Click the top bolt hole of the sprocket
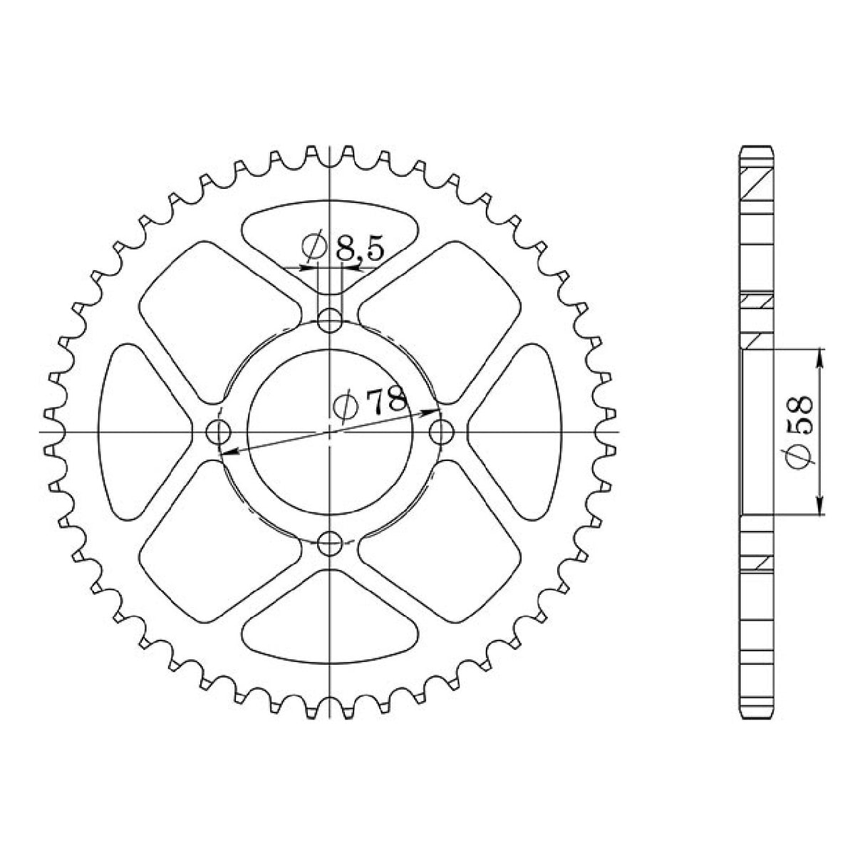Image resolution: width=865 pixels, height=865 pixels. coord(329,321)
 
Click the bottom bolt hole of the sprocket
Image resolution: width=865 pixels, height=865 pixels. coord(329,545)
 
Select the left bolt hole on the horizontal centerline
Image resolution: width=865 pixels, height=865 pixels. coord(217,432)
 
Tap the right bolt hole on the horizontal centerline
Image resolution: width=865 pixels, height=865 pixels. coord(442,432)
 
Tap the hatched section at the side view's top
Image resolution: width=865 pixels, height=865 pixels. coord(756,187)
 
